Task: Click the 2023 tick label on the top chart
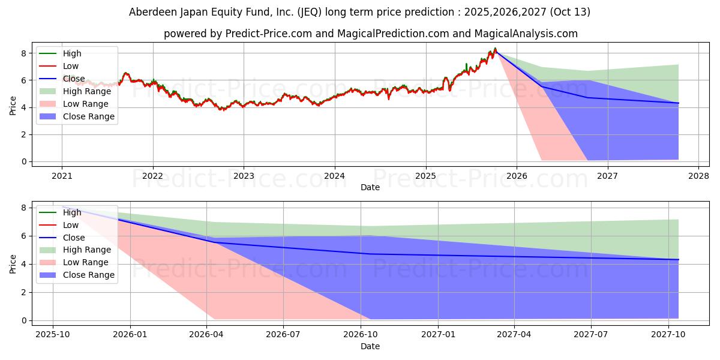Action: [244, 176]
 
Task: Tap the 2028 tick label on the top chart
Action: [698, 176]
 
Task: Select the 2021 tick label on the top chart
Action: [62, 176]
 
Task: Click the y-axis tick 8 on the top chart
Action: [24, 53]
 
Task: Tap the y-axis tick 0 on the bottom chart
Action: [24, 321]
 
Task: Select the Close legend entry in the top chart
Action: [74, 79]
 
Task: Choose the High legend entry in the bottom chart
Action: [71, 212]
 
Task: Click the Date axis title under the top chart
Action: [370, 187]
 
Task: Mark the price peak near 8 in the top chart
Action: [495, 48]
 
